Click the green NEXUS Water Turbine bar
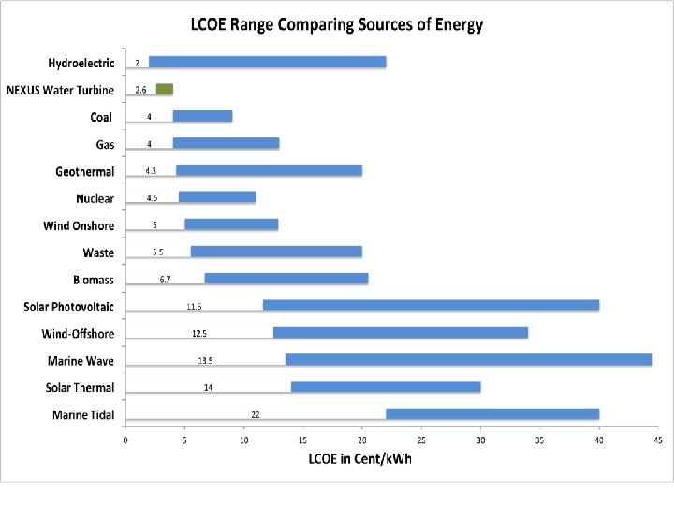(x=165, y=90)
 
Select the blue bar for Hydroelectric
(x=267, y=63)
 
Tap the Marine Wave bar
(x=468, y=360)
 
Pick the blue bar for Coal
(x=202, y=117)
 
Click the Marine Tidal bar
(x=491, y=414)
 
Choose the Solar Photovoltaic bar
(x=431, y=306)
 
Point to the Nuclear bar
(x=217, y=198)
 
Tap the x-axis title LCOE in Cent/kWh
(x=359, y=458)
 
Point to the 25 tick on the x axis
(x=421, y=440)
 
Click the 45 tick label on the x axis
(x=657, y=440)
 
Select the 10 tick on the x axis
(x=243, y=440)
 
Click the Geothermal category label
(x=84, y=171)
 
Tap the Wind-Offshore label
(x=78, y=334)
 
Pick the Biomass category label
(x=94, y=280)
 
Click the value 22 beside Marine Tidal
(x=255, y=413)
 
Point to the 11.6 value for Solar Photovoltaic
(x=194, y=306)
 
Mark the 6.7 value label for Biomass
(x=164, y=279)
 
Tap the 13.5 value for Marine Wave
(x=205, y=360)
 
